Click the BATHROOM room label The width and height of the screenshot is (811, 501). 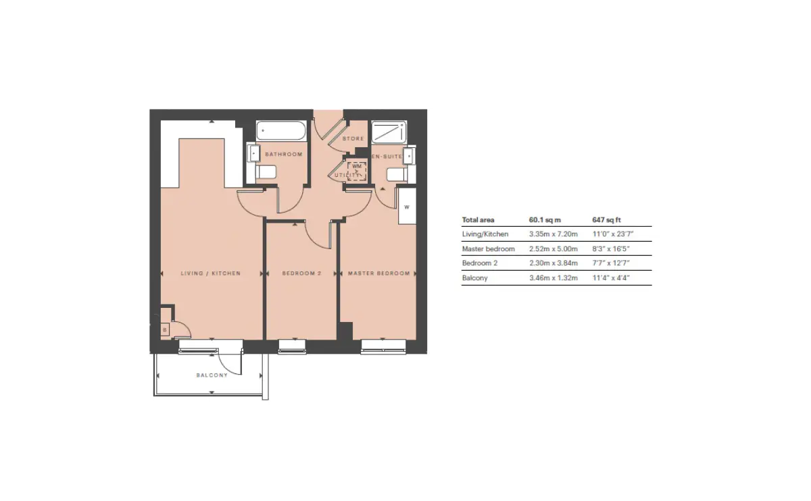point(283,154)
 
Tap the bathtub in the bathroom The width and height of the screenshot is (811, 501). point(281,130)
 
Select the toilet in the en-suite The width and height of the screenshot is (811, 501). point(397,175)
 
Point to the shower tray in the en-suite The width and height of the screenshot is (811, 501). point(389,132)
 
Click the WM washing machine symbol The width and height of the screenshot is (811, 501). point(357,171)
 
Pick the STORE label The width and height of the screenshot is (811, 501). point(353,138)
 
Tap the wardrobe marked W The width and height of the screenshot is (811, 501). point(407,207)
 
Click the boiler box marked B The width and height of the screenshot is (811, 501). point(165,330)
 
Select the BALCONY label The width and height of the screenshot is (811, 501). point(212,375)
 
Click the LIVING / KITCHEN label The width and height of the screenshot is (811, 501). point(211,273)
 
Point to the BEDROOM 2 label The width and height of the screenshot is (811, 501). point(301,273)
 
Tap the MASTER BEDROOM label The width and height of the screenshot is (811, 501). point(378,273)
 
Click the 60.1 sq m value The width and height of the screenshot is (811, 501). point(545,220)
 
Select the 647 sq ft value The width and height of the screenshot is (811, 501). point(606,220)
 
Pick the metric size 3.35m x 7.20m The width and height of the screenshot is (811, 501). point(554,234)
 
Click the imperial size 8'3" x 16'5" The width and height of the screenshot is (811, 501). point(611,249)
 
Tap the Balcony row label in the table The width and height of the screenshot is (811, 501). point(474,278)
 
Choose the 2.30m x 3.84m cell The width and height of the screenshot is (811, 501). point(554,263)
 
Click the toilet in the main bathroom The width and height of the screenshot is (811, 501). point(266,172)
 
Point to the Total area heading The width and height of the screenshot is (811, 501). point(478,220)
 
